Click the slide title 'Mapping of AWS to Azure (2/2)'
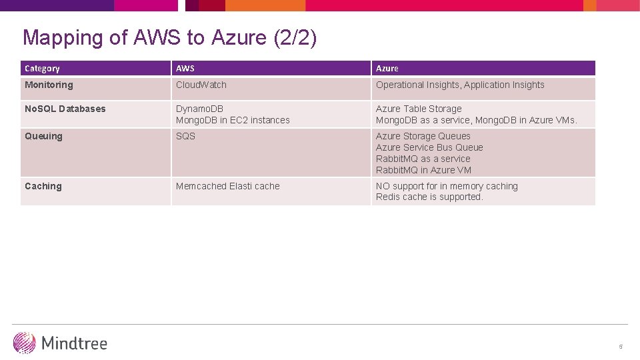[x=169, y=38]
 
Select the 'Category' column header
[x=42, y=69]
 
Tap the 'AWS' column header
[x=185, y=69]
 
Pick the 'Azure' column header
[x=387, y=69]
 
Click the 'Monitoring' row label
[x=49, y=85]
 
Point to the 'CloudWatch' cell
[x=201, y=85]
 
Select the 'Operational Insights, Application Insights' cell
[x=460, y=85]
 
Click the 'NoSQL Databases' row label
[x=65, y=109]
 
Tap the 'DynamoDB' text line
[x=200, y=109]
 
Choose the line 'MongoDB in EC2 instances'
[x=233, y=120]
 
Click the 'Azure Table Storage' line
[x=419, y=109]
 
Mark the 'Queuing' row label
[x=43, y=136]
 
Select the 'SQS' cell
[x=185, y=136]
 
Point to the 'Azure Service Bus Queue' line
[x=429, y=147]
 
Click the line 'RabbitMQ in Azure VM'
[x=423, y=170]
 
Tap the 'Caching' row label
[x=43, y=186]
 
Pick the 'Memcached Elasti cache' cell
[x=228, y=186]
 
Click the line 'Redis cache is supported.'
[x=429, y=197]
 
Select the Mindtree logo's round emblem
[x=25, y=343]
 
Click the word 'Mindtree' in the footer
[x=74, y=343]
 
